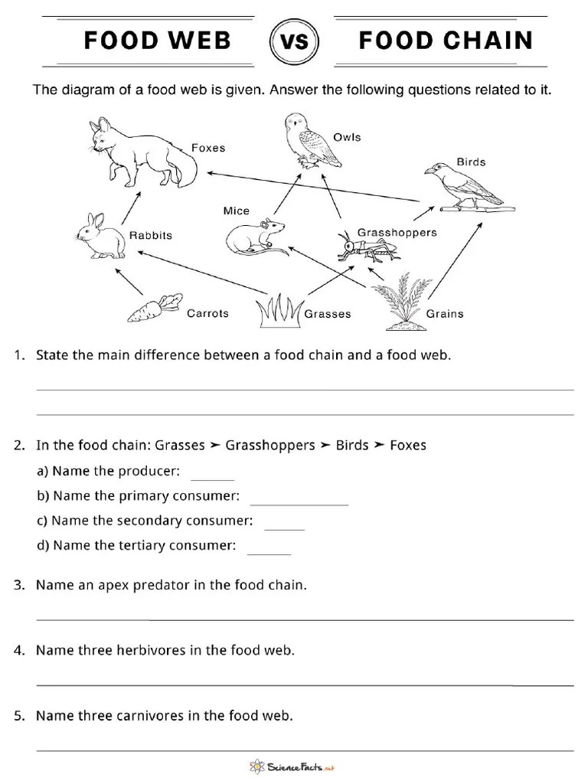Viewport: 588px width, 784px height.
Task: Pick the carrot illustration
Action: pos(154,308)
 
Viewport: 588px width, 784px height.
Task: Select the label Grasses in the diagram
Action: pos(328,314)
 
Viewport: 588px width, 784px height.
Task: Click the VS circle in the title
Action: pos(295,41)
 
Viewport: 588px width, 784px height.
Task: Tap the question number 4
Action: pos(18,651)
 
